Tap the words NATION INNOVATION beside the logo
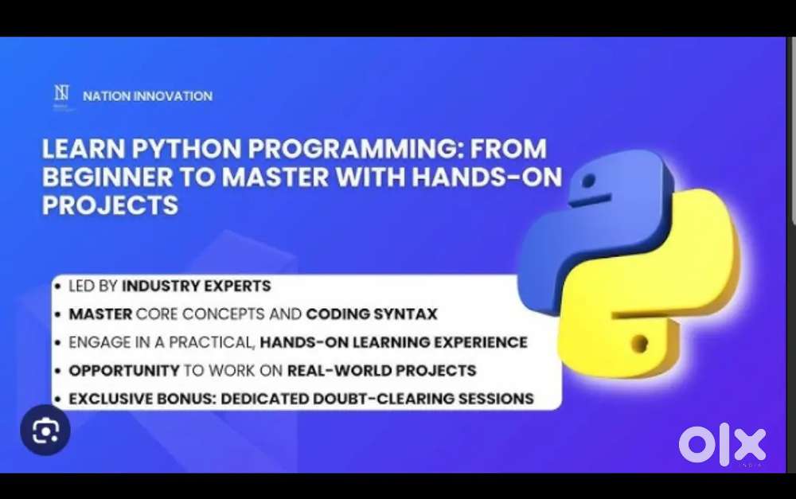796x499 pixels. [148, 96]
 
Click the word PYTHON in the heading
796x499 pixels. [186, 150]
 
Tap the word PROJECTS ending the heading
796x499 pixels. [110, 205]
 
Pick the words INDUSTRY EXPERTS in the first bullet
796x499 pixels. [197, 286]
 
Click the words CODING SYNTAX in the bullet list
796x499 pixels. [372, 314]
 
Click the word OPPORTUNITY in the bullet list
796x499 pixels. [124, 371]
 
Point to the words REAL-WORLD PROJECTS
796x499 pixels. [382, 371]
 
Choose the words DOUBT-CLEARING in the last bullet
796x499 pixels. [384, 399]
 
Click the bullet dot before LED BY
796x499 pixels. [57, 287]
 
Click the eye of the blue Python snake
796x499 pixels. [589, 180]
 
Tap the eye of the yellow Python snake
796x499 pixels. [640, 344]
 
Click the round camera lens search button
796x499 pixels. [45, 431]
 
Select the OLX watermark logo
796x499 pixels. [723, 445]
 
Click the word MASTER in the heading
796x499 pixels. [275, 177]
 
